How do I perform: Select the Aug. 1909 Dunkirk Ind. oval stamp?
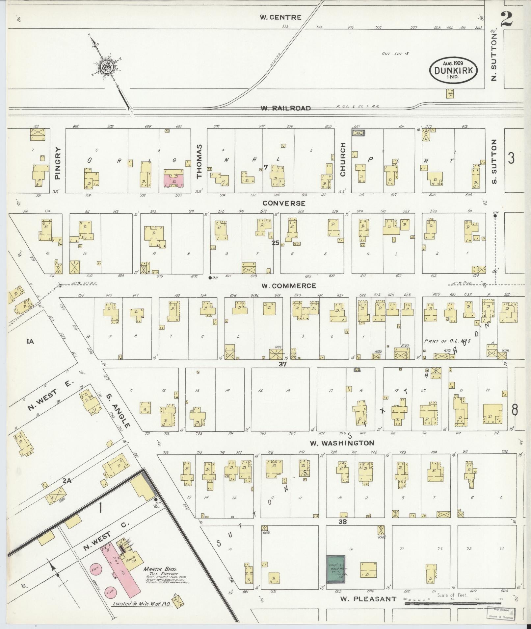click(453, 70)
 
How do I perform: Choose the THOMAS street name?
click(199, 161)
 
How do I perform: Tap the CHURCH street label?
click(343, 159)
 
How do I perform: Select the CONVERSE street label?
click(284, 203)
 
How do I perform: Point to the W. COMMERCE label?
click(288, 286)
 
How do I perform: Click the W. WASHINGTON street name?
click(342, 443)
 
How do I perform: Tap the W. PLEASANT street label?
click(368, 599)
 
